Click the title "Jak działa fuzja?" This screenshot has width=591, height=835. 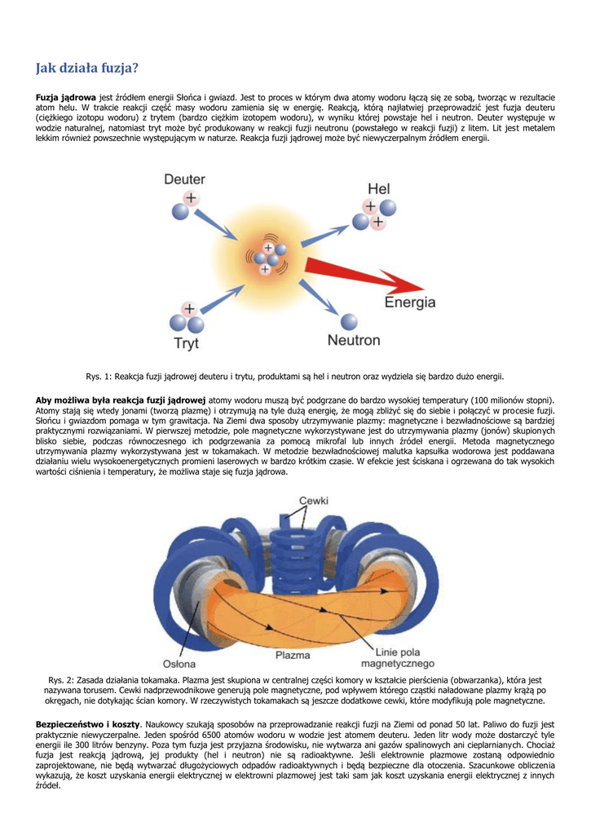click(87, 68)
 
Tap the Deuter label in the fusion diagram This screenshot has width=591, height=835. click(184, 179)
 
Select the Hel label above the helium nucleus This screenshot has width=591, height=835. click(379, 189)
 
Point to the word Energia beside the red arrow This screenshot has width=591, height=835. click(410, 302)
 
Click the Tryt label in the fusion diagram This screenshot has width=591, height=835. click(186, 343)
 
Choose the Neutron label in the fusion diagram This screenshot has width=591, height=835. click(354, 340)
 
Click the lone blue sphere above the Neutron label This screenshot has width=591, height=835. click(349, 321)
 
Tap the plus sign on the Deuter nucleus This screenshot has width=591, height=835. click(190, 198)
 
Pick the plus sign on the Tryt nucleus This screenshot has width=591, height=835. click(188, 309)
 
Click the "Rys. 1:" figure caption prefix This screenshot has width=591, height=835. click(100, 376)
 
